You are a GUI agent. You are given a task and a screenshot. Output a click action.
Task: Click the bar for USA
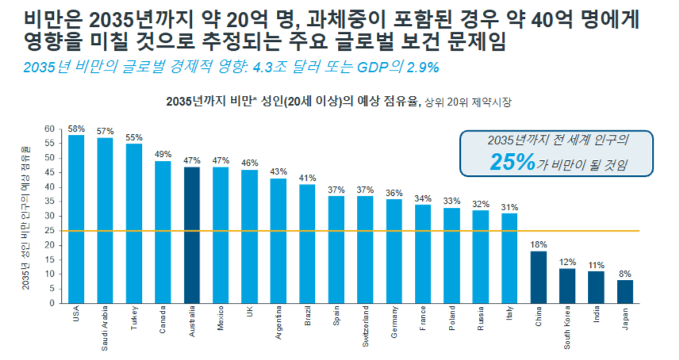(76, 219)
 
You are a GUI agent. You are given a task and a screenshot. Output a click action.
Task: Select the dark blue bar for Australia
(192, 235)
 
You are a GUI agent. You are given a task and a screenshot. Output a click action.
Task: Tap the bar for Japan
(625, 291)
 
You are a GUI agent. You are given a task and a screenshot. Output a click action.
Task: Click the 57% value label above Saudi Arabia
(105, 131)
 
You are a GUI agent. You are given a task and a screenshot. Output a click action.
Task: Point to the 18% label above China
(539, 244)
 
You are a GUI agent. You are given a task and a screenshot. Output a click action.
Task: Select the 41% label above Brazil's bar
(307, 178)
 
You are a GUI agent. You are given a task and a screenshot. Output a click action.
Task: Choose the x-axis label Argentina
(278, 324)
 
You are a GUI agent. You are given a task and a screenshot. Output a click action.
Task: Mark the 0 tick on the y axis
(52, 303)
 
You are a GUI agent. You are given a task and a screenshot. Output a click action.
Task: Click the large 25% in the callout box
(513, 163)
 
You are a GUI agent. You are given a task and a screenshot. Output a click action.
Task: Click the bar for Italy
(509, 258)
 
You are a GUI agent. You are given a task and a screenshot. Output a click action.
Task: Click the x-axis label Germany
(394, 322)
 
